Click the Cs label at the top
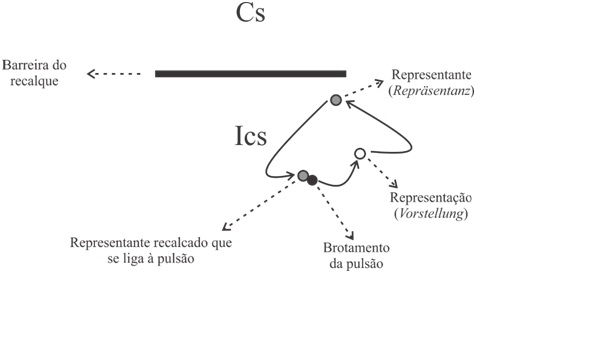[250, 15]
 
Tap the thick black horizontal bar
[250, 73]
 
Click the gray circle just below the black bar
[337, 99]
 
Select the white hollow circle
[360, 153]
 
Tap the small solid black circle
[313, 180]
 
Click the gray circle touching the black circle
[303, 176]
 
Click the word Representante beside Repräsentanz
[433, 75]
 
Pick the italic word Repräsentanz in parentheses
[433, 91]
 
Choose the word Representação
[431, 198]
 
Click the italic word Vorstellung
[431, 213]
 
